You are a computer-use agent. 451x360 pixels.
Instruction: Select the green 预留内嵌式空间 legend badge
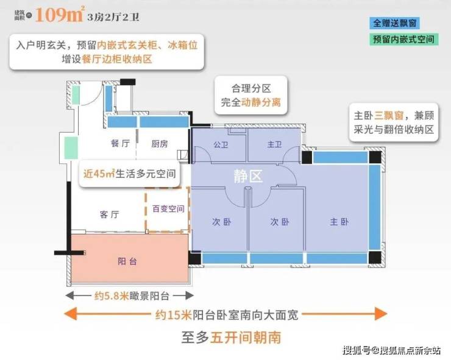[x=405, y=40]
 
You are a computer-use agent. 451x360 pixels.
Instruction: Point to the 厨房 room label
[x=160, y=144]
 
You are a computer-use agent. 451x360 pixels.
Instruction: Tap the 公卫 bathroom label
[x=220, y=144]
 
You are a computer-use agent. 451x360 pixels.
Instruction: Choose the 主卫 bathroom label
[x=274, y=144]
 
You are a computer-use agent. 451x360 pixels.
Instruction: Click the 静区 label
[x=248, y=177]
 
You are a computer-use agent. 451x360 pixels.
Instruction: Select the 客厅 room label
[x=108, y=214]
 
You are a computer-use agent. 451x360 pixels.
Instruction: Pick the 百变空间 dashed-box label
[x=168, y=209]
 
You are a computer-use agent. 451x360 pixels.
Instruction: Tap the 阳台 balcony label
[x=127, y=261]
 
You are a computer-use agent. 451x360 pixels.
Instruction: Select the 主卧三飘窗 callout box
[x=394, y=122]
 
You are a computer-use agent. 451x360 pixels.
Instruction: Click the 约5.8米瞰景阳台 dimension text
[x=127, y=297]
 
